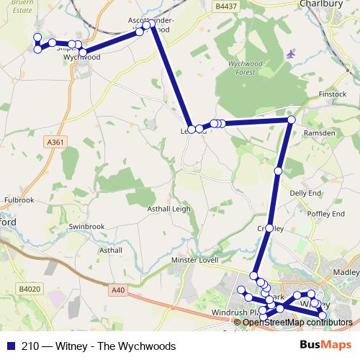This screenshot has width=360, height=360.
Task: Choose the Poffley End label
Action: click(325, 214)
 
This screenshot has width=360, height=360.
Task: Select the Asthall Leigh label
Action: click(168, 208)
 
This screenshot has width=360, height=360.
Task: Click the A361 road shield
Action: click(55, 143)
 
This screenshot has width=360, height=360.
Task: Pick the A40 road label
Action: click(118, 289)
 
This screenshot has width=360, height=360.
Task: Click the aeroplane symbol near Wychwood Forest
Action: click(290, 54)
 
